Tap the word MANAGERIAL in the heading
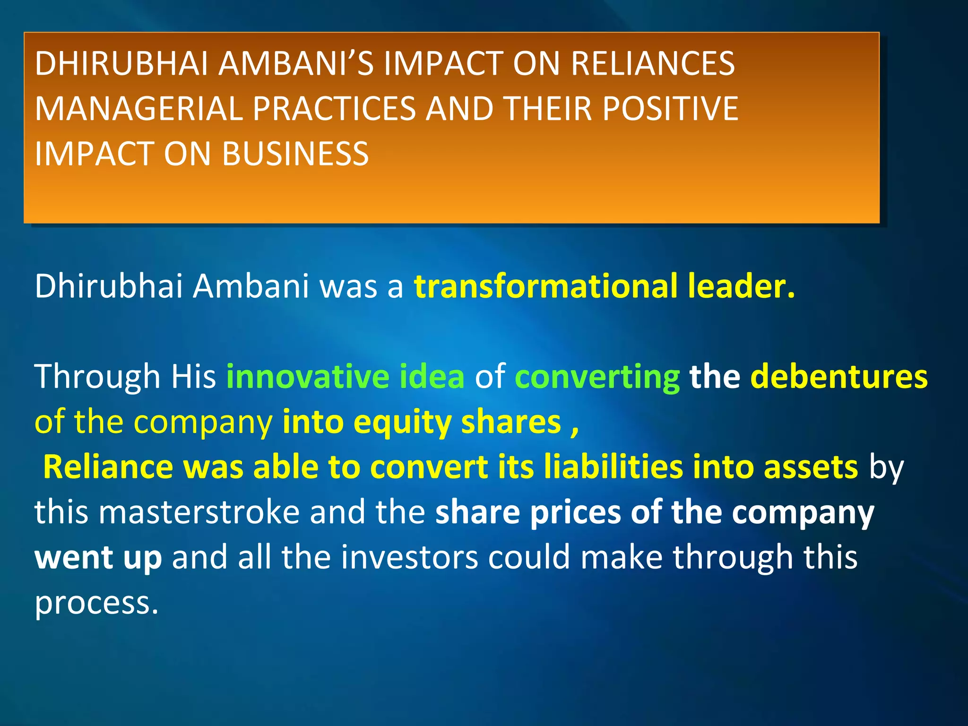[138, 109]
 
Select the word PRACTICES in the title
[334, 109]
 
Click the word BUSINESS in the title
[295, 154]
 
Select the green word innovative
[308, 377]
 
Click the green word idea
[432, 377]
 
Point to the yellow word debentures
[839, 377]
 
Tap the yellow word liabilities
[613, 467]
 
